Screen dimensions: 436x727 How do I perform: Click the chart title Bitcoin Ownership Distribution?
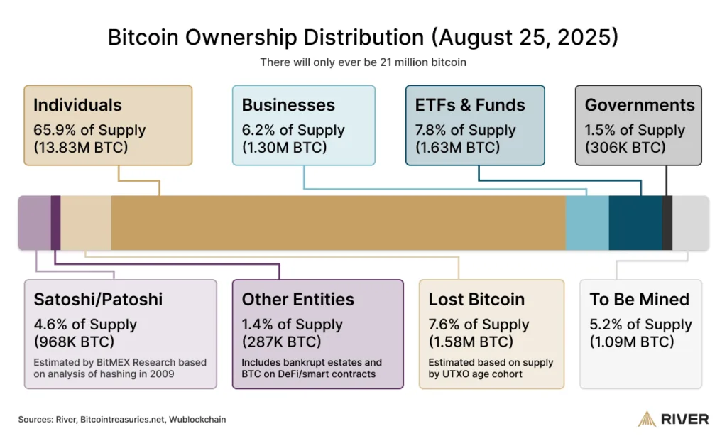coord(363,37)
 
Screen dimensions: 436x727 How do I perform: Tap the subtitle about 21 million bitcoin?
coord(363,62)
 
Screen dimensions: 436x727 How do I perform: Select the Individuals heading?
coord(77,105)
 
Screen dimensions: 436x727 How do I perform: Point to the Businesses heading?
coord(288,105)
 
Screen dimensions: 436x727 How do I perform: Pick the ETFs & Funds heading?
coord(470,105)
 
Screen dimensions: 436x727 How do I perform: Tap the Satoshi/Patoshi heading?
coord(98,299)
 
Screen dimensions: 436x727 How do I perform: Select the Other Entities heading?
coord(298,299)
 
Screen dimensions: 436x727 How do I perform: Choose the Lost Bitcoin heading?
coord(476,299)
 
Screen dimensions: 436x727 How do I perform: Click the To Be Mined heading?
coord(640,299)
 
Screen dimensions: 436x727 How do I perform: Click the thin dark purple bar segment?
coord(55,222)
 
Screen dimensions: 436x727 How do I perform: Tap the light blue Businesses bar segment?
coord(587,222)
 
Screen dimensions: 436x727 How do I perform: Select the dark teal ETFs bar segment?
coord(635,222)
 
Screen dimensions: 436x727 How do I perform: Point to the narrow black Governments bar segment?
coord(667,222)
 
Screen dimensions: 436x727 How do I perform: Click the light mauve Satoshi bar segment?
coord(34,222)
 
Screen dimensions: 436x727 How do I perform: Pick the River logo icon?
coord(647,419)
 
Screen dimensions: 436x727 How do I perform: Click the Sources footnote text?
coord(122,419)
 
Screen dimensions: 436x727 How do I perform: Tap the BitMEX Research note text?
coord(120,368)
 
